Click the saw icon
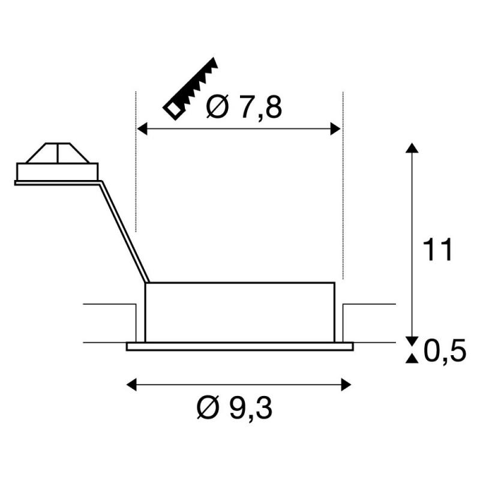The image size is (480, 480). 190,88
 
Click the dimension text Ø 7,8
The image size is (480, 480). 244,107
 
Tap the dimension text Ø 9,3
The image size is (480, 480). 235,408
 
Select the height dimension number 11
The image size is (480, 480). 437,249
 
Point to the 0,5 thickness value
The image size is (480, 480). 445,350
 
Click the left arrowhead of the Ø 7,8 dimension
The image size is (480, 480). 142,128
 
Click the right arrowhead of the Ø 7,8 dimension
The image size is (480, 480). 336,128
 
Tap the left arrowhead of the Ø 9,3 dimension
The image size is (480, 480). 131,385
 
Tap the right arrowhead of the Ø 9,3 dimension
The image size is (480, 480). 346,385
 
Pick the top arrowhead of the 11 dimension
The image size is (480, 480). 412,148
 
